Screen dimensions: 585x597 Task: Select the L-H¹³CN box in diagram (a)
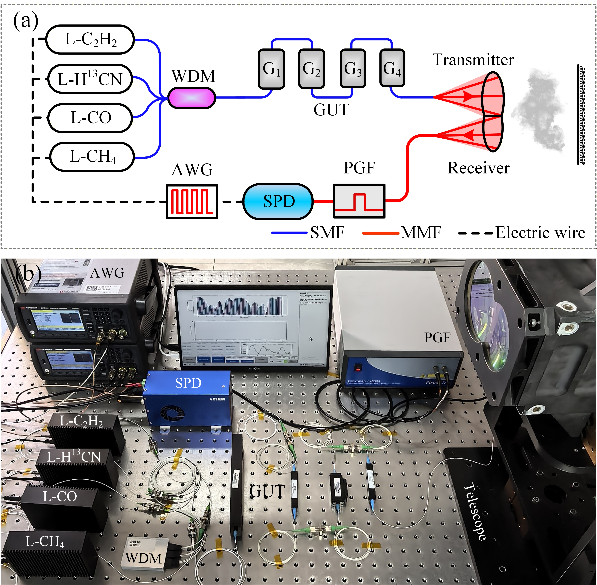click(90, 79)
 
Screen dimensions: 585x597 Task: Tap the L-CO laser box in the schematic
click(90, 118)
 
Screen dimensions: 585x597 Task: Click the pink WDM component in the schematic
click(192, 98)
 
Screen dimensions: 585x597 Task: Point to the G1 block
click(271, 69)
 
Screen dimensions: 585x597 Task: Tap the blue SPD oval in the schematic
click(278, 202)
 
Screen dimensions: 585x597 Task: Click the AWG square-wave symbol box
click(192, 202)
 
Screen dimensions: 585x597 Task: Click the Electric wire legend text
click(540, 233)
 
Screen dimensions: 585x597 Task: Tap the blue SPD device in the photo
click(188, 398)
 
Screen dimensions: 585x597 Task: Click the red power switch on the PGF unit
click(357, 367)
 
